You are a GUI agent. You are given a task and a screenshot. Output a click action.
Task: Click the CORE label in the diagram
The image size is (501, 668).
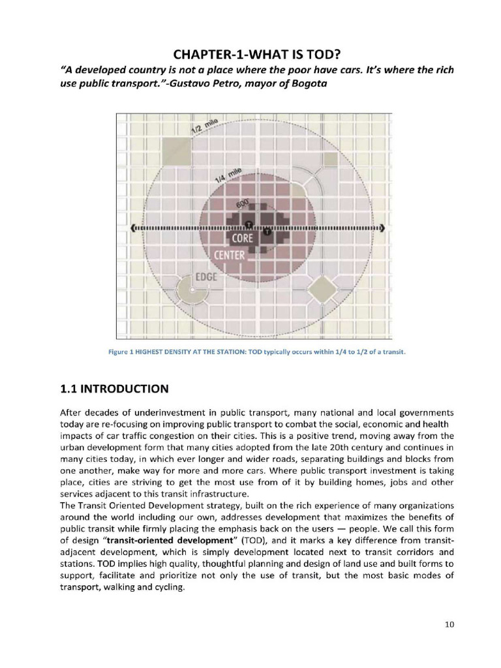click(x=243, y=239)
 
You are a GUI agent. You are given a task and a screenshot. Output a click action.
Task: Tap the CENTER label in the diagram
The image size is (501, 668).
click(x=229, y=254)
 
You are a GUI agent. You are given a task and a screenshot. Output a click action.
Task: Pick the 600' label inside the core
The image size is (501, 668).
click(x=242, y=204)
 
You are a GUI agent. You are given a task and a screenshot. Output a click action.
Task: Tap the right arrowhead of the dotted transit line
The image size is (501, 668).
click(x=383, y=228)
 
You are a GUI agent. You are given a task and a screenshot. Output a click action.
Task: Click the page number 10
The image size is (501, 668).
click(x=449, y=624)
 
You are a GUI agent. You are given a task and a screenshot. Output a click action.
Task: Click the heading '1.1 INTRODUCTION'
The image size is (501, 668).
click(x=114, y=389)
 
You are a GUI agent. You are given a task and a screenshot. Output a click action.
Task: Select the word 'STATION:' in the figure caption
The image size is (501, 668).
click(x=224, y=352)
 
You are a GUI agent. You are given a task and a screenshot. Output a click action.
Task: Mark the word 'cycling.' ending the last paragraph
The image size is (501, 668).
click(x=168, y=586)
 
